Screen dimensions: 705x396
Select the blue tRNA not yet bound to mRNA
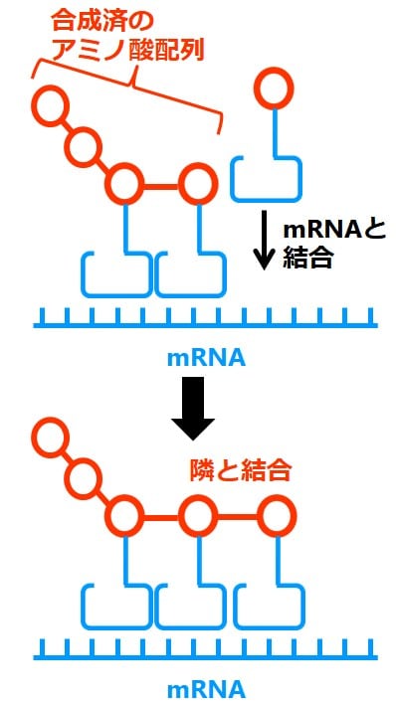266,169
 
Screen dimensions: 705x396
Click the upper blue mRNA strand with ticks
206,318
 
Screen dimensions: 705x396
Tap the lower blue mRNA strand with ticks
206,651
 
